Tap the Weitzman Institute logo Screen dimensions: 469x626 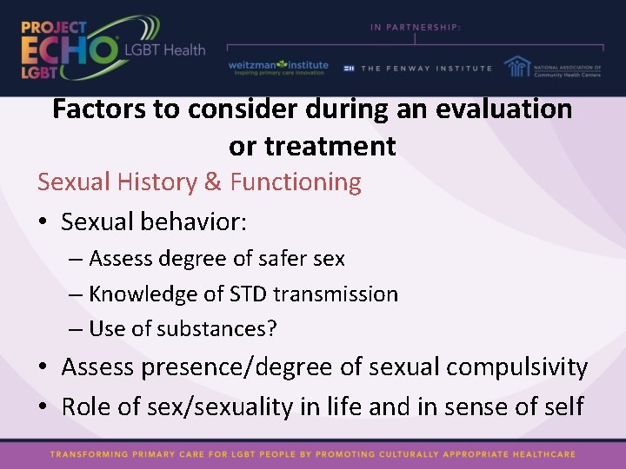tap(278, 67)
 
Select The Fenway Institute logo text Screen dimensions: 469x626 tap(425, 68)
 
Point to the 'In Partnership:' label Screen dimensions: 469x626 tap(415, 27)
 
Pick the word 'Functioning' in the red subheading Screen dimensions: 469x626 tap(296, 182)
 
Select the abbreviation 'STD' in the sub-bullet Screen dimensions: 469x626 tap(247, 294)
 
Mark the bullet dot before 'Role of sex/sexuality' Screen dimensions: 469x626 tap(44, 406)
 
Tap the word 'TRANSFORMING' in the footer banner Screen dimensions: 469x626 tap(91, 454)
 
